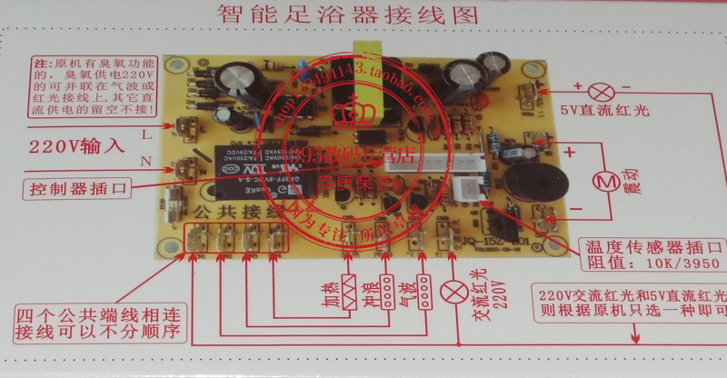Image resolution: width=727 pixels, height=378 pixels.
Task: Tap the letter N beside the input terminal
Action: click(x=146, y=161)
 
